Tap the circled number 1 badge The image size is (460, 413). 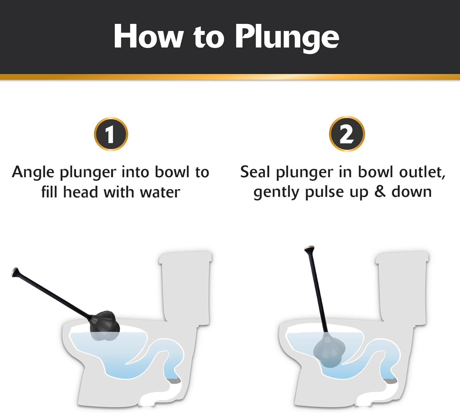pos(111,134)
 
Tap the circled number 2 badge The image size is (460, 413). pos(347,134)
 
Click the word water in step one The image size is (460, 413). pos(160,193)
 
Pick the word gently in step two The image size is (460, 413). pos(276,193)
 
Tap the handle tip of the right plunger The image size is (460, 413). pos(309,249)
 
